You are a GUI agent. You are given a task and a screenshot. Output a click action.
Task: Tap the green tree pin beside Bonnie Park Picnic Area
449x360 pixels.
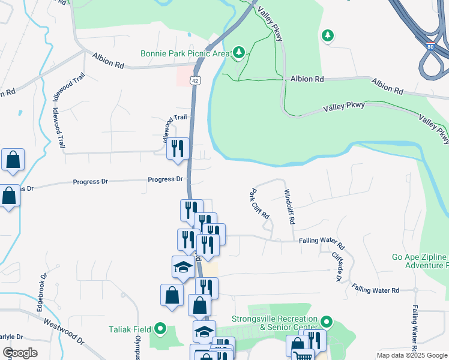point(239,53)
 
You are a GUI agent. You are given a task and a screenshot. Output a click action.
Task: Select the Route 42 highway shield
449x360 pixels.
point(195,80)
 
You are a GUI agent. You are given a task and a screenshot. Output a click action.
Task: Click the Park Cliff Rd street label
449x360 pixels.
point(259,204)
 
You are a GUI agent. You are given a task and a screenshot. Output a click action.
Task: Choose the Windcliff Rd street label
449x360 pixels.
point(289,206)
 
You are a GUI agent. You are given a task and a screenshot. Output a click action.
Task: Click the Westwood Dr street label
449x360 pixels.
point(62,329)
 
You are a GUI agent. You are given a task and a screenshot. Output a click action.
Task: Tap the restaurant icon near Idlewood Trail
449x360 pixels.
point(178,148)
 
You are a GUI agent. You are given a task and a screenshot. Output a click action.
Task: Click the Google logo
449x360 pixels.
point(20,353)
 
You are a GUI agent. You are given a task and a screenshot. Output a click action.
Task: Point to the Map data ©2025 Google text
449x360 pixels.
point(411,355)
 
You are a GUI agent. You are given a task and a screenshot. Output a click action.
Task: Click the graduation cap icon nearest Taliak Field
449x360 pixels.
point(204,331)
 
